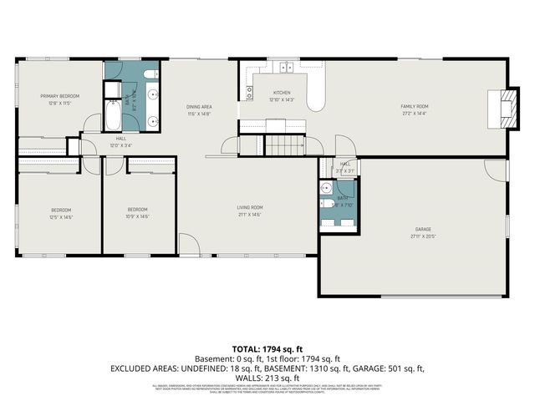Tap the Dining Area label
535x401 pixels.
click(198, 107)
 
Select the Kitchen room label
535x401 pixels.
click(282, 93)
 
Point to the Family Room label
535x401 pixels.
click(414, 107)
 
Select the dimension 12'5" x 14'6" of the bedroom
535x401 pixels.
click(61, 216)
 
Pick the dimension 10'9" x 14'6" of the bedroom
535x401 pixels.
click(138, 216)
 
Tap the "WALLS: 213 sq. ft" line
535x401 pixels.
click(267, 377)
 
